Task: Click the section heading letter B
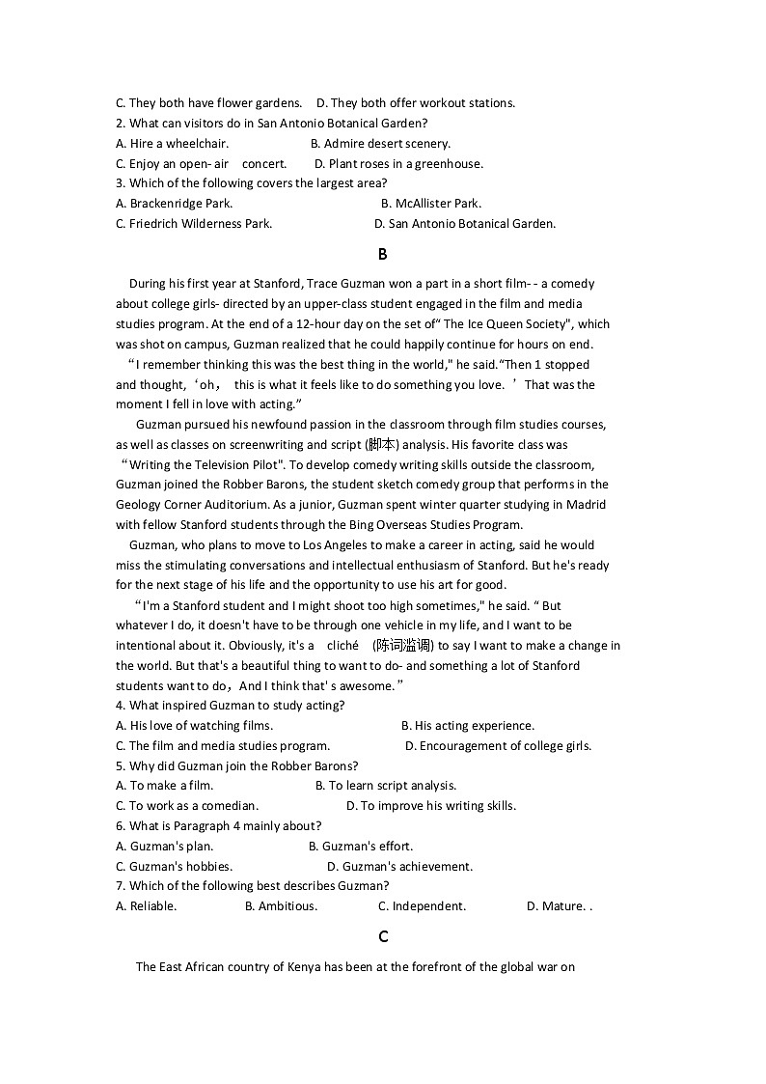pos(383,255)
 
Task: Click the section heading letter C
pos(383,936)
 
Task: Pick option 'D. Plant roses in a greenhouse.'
pos(398,164)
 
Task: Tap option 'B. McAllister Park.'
pos(430,204)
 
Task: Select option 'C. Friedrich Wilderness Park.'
pos(194,224)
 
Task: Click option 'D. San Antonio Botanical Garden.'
pos(464,224)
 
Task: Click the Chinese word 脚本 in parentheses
pos(382,445)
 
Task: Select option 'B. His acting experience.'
pos(467,726)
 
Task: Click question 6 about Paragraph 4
pos(218,826)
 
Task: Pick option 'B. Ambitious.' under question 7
pos(281,906)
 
